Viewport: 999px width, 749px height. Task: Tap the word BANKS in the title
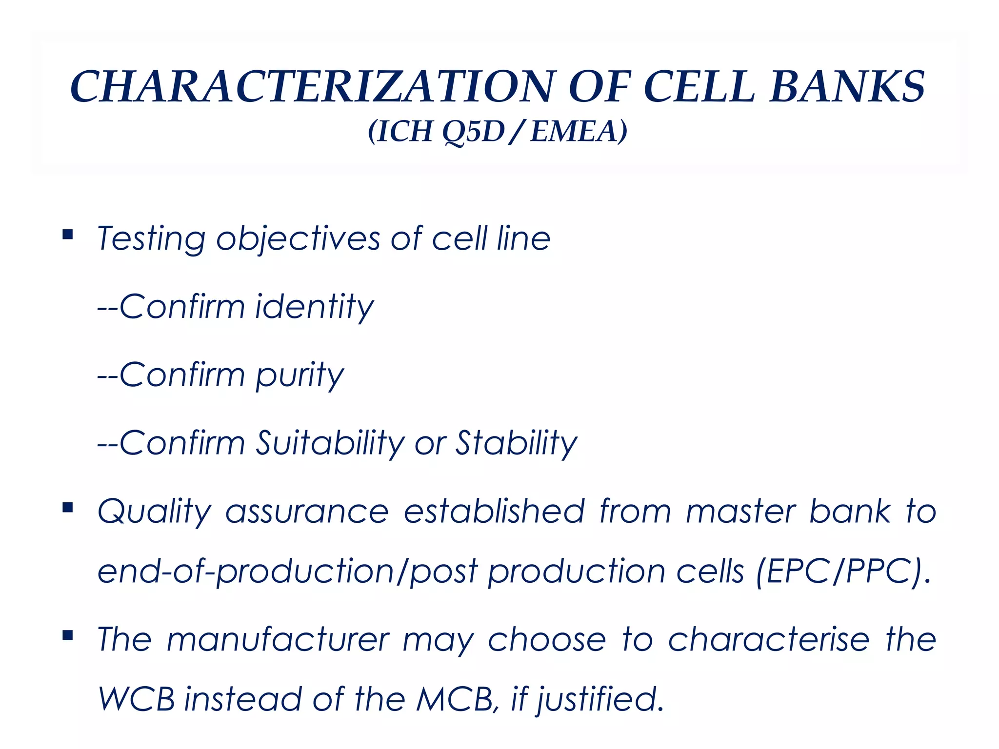[x=847, y=87]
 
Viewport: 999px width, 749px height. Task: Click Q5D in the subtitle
[x=473, y=132]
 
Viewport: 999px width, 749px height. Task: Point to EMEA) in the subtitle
[x=579, y=132]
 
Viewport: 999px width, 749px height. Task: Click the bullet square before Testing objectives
[x=68, y=235]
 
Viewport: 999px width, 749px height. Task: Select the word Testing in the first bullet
[x=151, y=239]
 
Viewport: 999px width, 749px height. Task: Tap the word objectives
[x=298, y=239]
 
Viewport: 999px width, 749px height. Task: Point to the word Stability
[x=516, y=443]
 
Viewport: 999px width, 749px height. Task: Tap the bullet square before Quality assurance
[x=68, y=508]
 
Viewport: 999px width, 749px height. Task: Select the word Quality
[x=154, y=512]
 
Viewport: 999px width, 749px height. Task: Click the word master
[x=740, y=512]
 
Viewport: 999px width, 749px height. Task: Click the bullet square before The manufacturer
[x=68, y=635]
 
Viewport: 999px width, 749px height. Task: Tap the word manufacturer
[x=278, y=639]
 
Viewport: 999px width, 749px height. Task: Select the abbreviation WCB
[x=137, y=699]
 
